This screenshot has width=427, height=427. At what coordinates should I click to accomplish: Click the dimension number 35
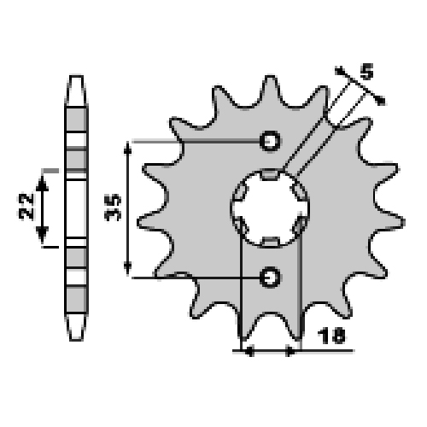pyautogui.click(x=113, y=208)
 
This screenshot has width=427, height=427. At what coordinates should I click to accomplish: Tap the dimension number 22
pyautogui.click(x=26, y=206)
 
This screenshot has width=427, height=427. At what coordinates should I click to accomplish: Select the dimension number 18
pyautogui.click(x=331, y=336)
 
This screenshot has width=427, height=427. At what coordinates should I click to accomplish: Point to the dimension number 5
pyautogui.click(x=366, y=72)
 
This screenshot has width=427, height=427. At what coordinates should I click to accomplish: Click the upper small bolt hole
pyautogui.click(x=270, y=141)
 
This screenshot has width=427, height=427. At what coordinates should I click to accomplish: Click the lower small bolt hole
pyautogui.click(x=270, y=277)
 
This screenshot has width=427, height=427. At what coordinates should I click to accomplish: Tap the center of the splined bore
pyautogui.click(x=270, y=208)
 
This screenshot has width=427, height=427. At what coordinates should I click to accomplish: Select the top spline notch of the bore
pyautogui.click(x=270, y=174)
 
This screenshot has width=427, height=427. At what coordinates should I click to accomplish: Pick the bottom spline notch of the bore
pyautogui.click(x=270, y=243)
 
